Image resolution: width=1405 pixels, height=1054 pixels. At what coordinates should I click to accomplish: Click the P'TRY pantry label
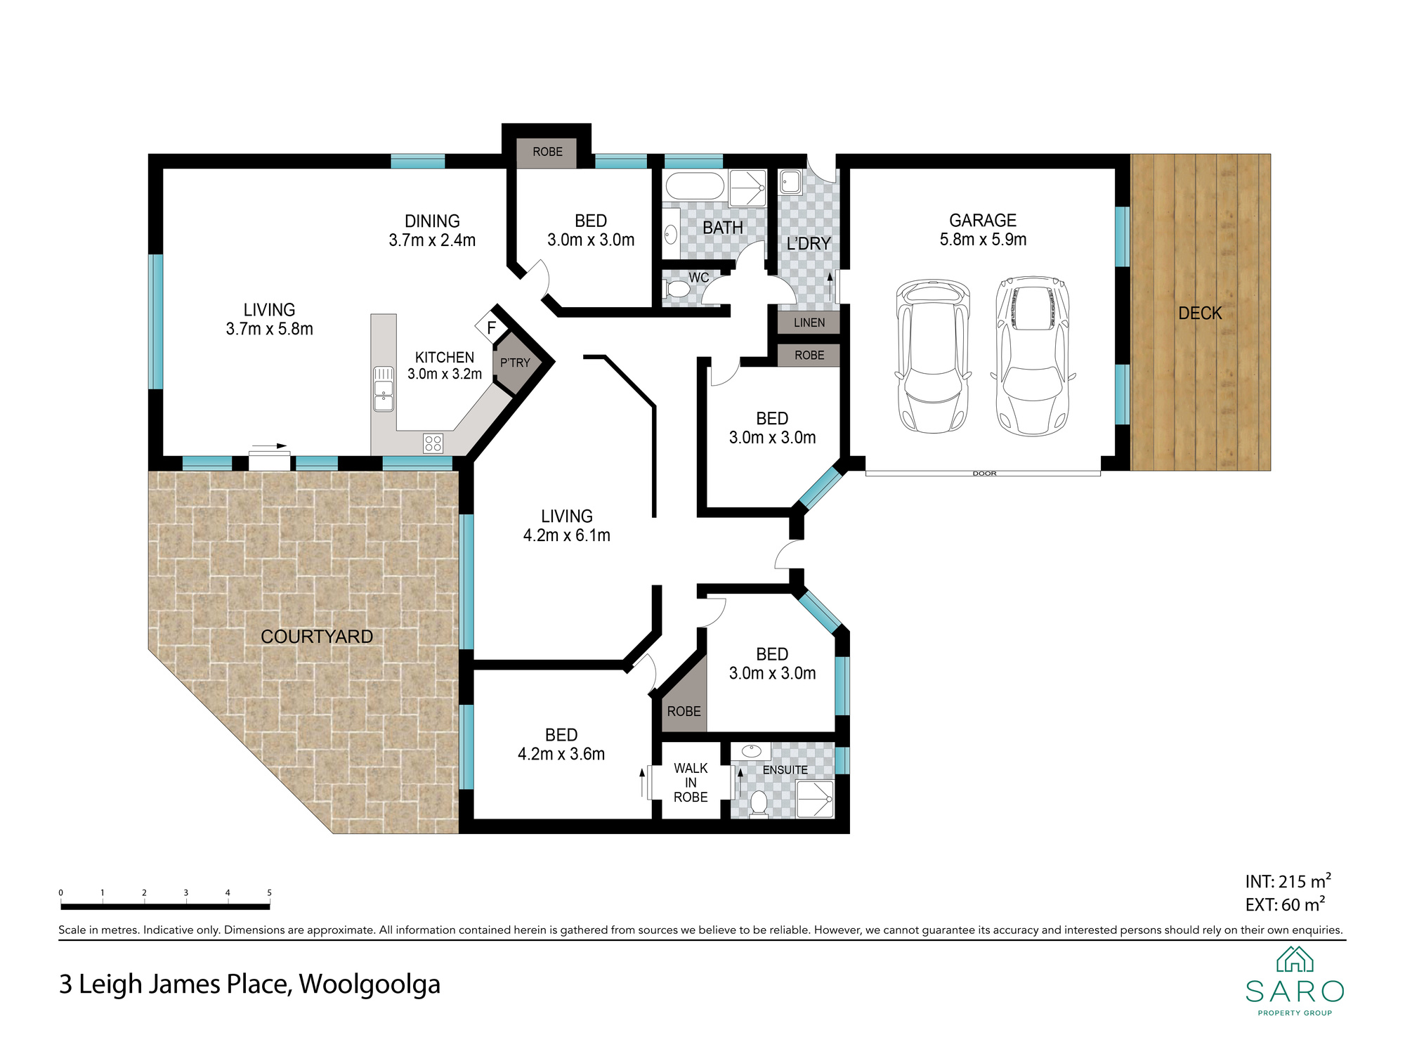pyautogui.click(x=515, y=363)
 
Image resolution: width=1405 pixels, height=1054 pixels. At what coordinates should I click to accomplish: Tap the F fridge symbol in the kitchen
pyautogui.click(x=491, y=327)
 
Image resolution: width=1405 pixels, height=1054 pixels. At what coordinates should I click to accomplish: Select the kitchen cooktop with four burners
pyautogui.click(x=433, y=443)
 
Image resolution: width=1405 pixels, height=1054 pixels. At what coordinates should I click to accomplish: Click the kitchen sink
pyautogui.click(x=384, y=389)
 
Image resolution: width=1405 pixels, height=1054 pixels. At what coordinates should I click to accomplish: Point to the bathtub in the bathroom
pyautogui.click(x=695, y=186)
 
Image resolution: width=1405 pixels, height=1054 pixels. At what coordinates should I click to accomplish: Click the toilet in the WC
pyautogui.click(x=677, y=289)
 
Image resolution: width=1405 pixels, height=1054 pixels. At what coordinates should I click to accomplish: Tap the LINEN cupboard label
pyautogui.click(x=809, y=323)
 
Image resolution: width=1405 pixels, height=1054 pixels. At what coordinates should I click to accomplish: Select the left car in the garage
pyautogui.click(x=933, y=356)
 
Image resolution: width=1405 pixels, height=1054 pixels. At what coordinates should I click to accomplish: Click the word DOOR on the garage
pyautogui.click(x=985, y=474)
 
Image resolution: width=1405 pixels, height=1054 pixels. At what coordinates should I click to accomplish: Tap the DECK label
pyautogui.click(x=1200, y=313)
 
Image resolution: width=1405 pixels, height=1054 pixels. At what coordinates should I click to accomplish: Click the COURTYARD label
pyautogui.click(x=317, y=637)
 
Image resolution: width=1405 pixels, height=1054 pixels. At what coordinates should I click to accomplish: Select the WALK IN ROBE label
pyautogui.click(x=691, y=783)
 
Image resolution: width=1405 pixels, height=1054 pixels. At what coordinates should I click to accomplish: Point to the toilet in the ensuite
pyautogui.click(x=759, y=804)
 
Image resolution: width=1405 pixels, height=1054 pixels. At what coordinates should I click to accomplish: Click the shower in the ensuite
pyautogui.click(x=815, y=799)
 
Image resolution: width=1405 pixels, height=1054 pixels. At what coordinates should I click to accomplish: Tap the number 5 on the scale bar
pyautogui.click(x=269, y=893)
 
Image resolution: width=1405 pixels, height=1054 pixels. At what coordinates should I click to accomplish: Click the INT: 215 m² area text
pyautogui.click(x=1288, y=880)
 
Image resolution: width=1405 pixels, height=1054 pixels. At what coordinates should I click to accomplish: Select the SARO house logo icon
pyautogui.click(x=1295, y=959)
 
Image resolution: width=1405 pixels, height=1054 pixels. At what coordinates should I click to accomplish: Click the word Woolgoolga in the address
pyautogui.click(x=370, y=985)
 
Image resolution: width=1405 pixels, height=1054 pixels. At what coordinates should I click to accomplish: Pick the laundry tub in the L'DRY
pyautogui.click(x=791, y=182)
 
